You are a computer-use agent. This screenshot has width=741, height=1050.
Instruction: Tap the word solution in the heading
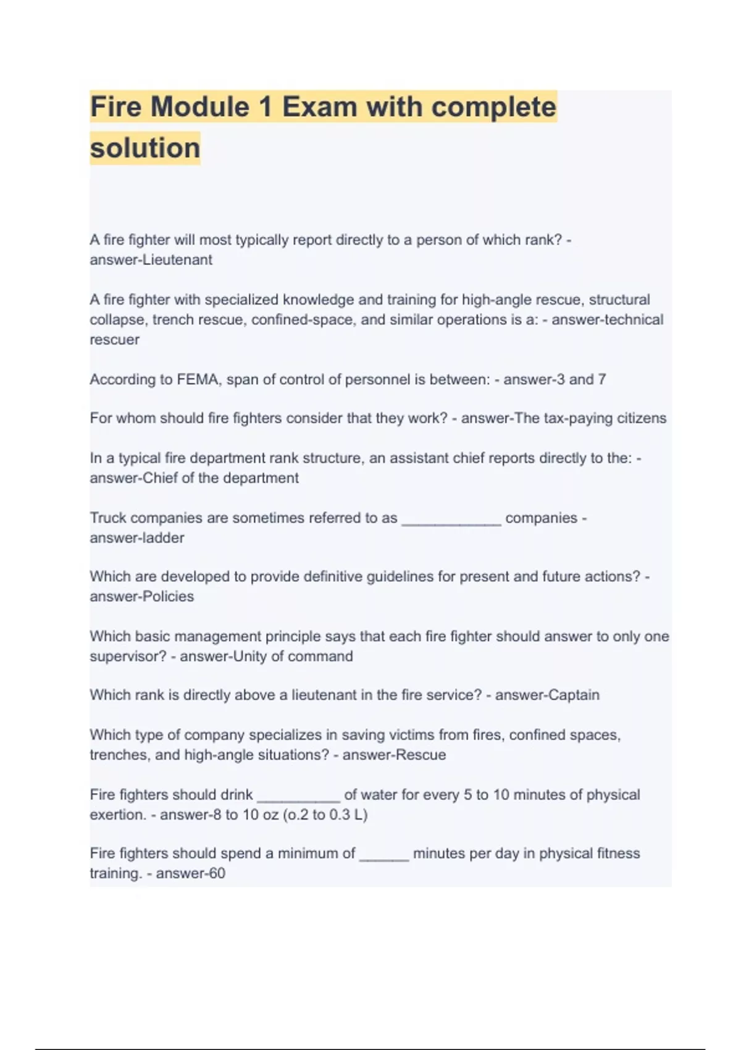coord(145,148)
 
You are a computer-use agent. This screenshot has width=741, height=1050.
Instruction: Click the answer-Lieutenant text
coord(151,260)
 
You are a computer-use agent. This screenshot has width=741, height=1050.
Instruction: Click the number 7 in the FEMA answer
coord(601,379)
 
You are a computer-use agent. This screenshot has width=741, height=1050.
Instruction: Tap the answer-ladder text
coord(136,538)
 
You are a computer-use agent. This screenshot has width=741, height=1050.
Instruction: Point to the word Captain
coord(574,695)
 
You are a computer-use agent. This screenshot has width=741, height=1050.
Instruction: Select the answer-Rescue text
coord(394,755)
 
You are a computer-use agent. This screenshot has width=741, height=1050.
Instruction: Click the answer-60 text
coord(190,873)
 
